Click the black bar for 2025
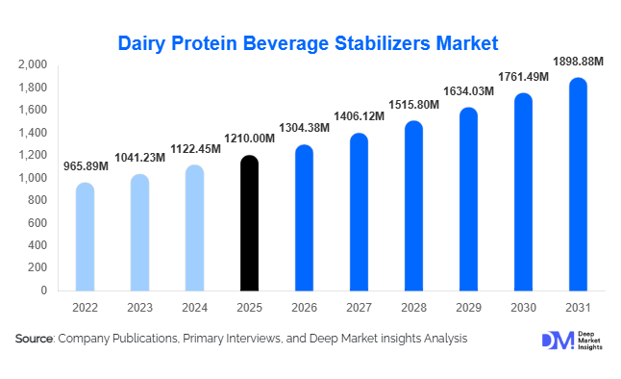248,223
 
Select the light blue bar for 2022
85,237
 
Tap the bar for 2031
577,184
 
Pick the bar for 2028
412,206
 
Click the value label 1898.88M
576,61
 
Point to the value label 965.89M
85,166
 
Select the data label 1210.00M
249,139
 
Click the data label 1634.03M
468,91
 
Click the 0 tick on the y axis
44,291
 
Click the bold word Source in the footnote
35,339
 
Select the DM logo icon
557,341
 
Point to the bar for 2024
193,228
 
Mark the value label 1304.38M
304,129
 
